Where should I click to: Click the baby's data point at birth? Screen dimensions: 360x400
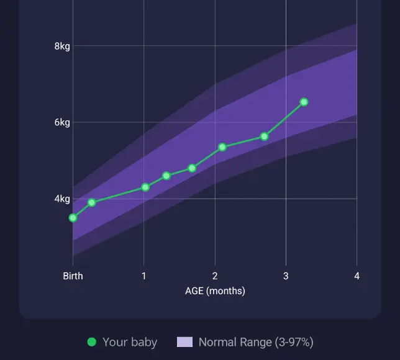pos(73,218)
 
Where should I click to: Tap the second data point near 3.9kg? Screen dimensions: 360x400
pos(92,202)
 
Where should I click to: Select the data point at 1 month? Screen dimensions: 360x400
pos(145,187)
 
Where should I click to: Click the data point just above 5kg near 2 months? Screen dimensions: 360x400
pos(222,147)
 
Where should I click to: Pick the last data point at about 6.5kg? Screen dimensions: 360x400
pos(304,102)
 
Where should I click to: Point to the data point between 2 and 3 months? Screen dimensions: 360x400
pos(264,137)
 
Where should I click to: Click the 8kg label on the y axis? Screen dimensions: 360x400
pos(62,46)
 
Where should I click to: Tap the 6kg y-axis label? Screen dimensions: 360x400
pos(62,122)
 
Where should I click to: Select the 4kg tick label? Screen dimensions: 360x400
pos(62,199)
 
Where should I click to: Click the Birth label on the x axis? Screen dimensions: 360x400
pos(73,276)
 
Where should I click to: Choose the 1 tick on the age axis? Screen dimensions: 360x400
pos(143,276)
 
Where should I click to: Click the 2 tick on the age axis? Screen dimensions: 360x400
pos(215,276)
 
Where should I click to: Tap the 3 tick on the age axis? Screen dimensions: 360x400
pos(286,276)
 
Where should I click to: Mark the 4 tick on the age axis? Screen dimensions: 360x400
pos(357,276)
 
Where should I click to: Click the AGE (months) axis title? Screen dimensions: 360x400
pos(215,290)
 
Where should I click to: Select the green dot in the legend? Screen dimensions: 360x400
pos(92,342)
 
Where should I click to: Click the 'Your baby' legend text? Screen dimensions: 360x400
pos(130,342)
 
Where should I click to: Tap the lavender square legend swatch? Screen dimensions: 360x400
pos(184,342)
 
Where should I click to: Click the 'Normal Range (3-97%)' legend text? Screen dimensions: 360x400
pos(255,342)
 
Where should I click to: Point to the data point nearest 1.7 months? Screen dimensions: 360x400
pos(192,168)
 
